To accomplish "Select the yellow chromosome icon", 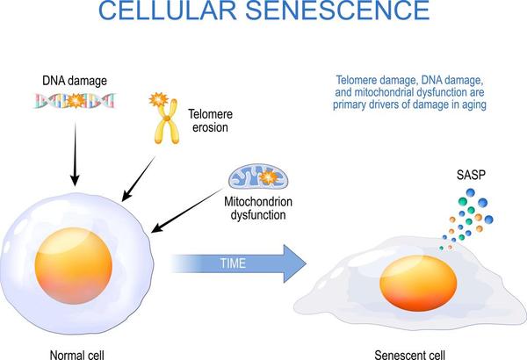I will [x=162, y=119].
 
